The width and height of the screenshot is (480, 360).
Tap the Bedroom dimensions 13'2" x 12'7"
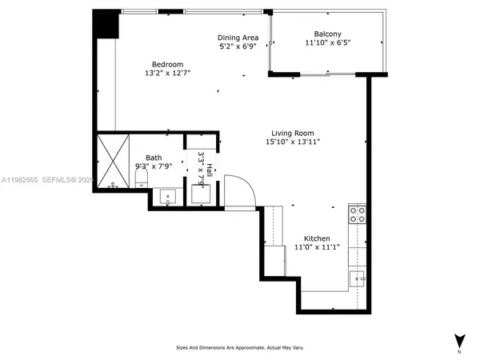pos(168,73)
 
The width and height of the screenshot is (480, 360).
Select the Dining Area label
pos(237,38)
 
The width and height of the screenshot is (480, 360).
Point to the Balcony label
pos(328,34)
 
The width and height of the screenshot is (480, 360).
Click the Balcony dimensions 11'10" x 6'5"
pos(328,43)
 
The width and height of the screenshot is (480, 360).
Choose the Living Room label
pos(292,133)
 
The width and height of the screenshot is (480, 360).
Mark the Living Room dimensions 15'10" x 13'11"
pos(293,142)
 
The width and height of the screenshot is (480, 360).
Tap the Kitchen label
pos(317,238)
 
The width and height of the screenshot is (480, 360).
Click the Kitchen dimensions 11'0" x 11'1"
pos(317,248)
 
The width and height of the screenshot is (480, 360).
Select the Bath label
pos(154,158)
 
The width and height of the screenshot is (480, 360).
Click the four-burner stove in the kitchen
pos(358,214)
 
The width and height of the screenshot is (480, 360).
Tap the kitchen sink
pos(357,279)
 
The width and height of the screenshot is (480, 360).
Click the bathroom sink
pos(170,195)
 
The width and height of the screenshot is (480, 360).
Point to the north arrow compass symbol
pos(459,342)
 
